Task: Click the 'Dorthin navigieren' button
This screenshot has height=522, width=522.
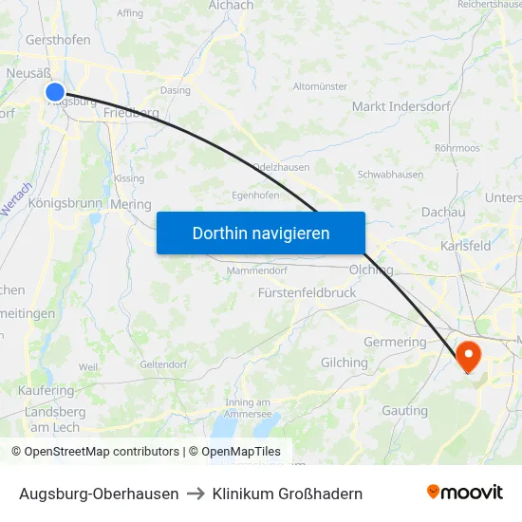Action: coord(261,233)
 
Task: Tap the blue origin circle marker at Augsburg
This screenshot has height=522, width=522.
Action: coord(55,92)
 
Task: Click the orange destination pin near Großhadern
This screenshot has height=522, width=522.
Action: coord(469,356)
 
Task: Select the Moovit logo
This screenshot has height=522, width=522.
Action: coord(465,493)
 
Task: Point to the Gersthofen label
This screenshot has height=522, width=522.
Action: coord(58,40)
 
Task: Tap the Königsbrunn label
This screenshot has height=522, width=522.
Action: coord(65,203)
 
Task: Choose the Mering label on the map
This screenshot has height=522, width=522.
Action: coord(131,204)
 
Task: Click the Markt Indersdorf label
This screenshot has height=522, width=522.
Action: coord(395,106)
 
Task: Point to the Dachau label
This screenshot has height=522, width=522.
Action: coord(442,213)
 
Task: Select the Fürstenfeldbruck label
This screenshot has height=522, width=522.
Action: coord(307,293)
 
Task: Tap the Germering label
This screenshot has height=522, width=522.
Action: coord(395,342)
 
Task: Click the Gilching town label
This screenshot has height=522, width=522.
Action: coord(345,363)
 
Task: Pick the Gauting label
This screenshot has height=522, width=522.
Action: coord(405,411)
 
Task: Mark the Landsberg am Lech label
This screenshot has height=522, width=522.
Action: coord(54,419)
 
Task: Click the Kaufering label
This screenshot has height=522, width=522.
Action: coord(46,391)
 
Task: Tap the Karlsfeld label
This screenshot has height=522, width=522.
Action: coord(466,246)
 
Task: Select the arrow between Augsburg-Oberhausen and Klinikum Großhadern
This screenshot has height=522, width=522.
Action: coord(196,494)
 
